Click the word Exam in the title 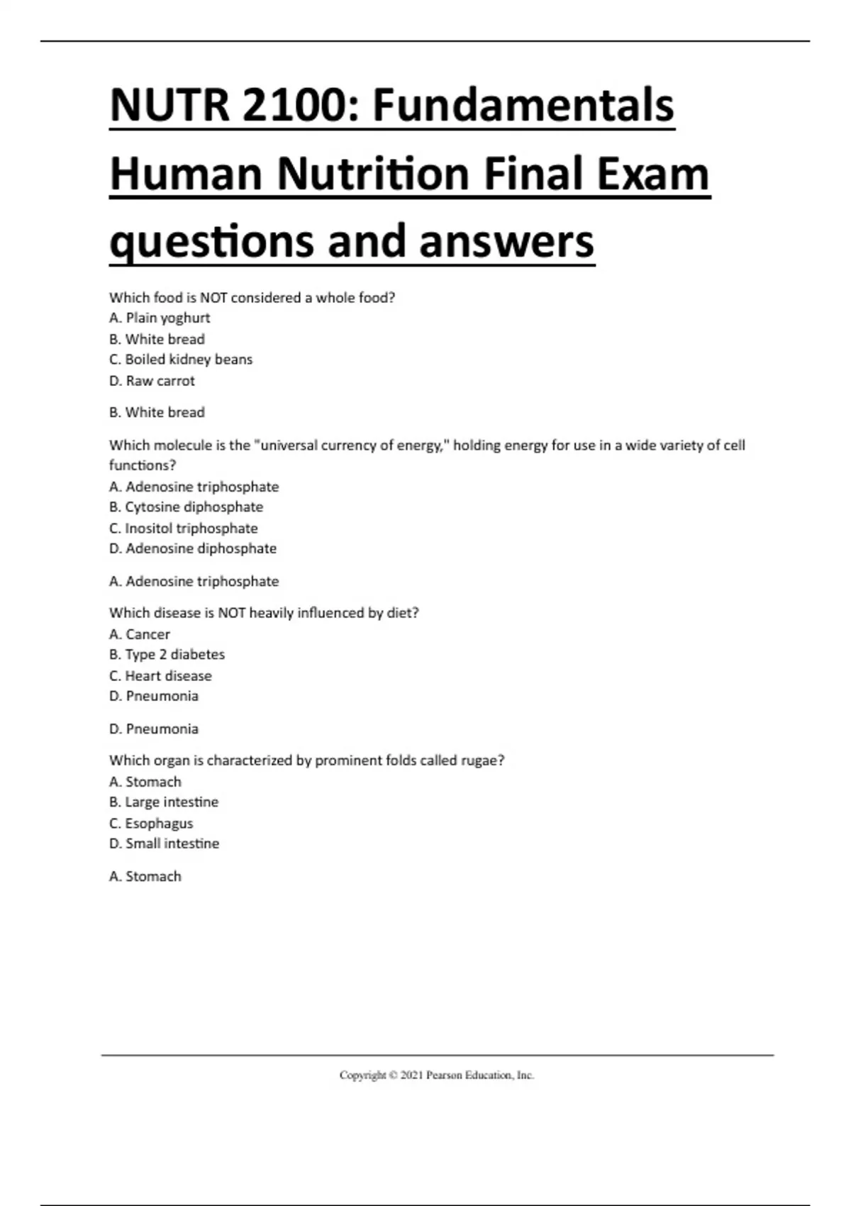tap(652, 174)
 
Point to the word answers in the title tap(506, 241)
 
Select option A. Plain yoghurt tap(160, 318)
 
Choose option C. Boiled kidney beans tap(181, 360)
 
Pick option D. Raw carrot tap(152, 381)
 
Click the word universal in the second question tap(289, 446)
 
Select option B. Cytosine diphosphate tap(186, 507)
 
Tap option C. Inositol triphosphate tap(184, 529)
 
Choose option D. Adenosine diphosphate tap(193, 548)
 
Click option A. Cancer tap(140, 634)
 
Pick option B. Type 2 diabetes tap(167, 655)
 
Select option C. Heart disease tap(160, 676)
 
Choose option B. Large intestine tap(164, 802)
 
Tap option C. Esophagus tap(151, 824)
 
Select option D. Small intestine tap(164, 843)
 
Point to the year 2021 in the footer tap(411, 1075)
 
